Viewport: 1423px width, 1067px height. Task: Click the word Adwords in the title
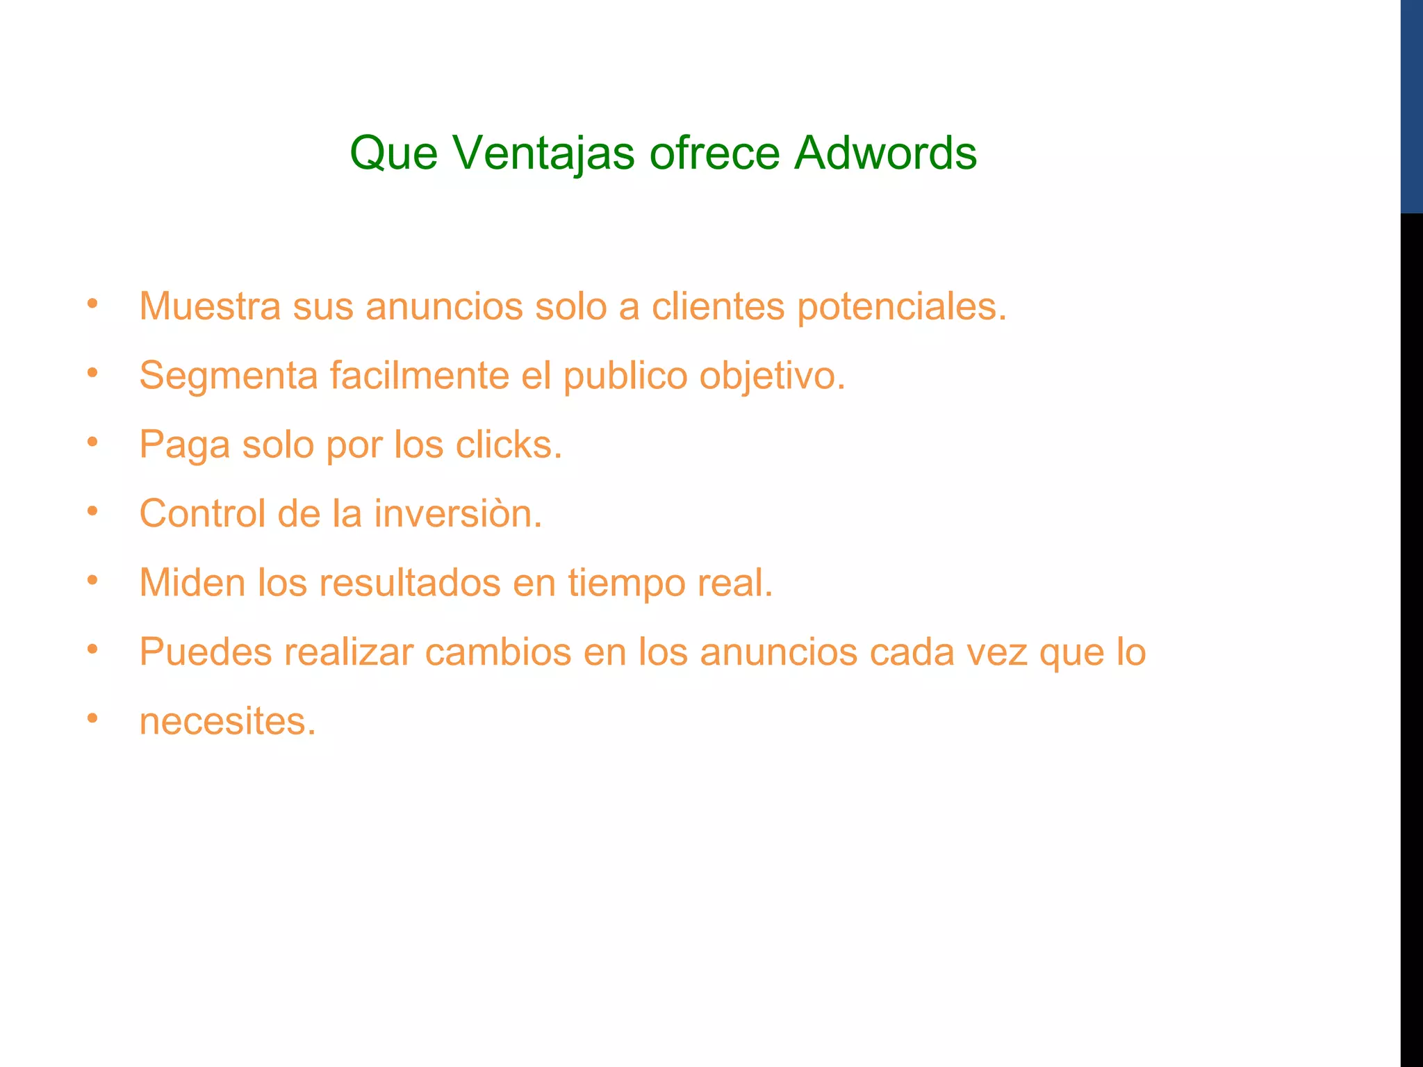pyautogui.click(x=885, y=153)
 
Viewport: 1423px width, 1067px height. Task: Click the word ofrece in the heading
pyautogui.click(x=714, y=153)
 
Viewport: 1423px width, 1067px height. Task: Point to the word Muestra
pyautogui.click(x=210, y=306)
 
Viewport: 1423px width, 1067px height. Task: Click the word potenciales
pyautogui.click(x=901, y=307)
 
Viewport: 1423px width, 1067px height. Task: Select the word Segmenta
pyautogui.click(x=228, y=377)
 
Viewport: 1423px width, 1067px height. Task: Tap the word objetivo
pyautogui.click(x=772, y=377)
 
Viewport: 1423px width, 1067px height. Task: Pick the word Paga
pyautogui.click(x=184, y=445)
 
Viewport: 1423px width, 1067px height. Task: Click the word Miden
pyautogui.click(x=192, y=582)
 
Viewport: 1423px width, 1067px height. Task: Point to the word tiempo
pyautogui.click(x=626, y=584)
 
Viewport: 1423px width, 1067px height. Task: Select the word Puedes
pyautogui.click(x=205, y=652)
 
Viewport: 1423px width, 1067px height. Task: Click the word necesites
pyautogui.click(x=227, y=721)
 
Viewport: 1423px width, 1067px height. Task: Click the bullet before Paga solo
pyautogui.click(x=92, y=441)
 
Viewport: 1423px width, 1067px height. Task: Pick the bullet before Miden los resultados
pyautogui.click(x=92, y=579)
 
